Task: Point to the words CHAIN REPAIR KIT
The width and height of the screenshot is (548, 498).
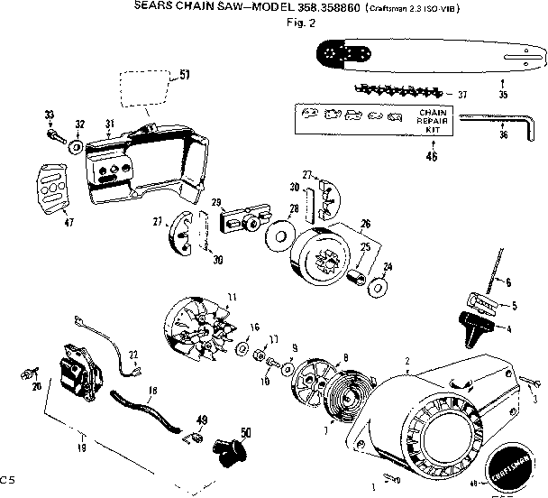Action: coord(427,119)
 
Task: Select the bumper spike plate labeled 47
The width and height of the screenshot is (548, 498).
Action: coord(54,188)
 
